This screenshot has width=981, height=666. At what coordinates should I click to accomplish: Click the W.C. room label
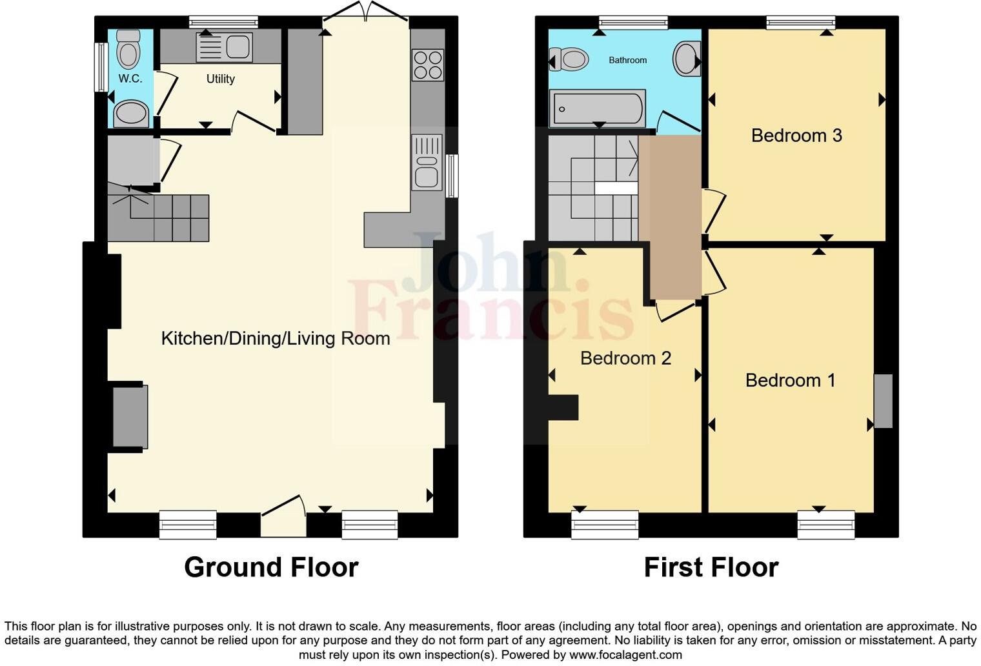click(x=130, y=79)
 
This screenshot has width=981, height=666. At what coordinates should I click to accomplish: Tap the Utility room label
click(x=220, y=79)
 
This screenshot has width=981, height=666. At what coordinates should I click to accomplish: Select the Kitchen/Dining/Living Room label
click(x=275, y=338)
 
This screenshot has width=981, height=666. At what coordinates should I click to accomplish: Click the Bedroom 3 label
click(x=796, y=136)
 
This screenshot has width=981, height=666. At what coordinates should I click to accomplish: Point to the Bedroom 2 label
click(x=625, y=358)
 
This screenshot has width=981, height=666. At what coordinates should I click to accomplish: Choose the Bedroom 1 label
click(x=790, y=380)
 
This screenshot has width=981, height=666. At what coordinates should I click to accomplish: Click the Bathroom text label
click(x=627, y=60)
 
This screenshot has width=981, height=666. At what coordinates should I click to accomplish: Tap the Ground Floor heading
click(x=271, y=567)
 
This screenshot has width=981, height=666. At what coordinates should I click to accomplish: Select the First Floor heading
click(x=711, y=567)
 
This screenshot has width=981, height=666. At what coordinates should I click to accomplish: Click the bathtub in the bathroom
click(x=597, y=108)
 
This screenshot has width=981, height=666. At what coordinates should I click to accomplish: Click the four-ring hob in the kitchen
click(x=427, y=65)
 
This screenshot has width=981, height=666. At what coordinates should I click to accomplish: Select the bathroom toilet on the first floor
click(x=569, y=60)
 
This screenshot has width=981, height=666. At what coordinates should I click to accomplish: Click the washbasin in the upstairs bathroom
click(x=686, y=59)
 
